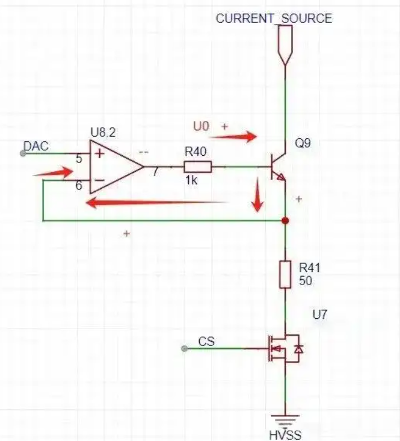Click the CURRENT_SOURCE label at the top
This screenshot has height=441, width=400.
(274, 19)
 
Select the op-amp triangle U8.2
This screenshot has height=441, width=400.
(117, 167)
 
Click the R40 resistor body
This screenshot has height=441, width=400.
(198, 167)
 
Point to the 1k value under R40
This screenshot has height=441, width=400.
(191, 180)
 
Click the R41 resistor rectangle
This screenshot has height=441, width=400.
(285, 274)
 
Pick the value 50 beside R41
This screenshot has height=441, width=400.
(306, 281)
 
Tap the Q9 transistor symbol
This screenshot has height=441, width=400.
(278, 167)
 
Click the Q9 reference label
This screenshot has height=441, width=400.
(303, 143)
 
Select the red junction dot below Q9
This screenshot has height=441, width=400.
(285, 220)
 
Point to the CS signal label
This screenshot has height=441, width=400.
(206, 342)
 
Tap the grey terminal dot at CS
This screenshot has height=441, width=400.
(185, 349)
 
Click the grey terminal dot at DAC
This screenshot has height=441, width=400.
(23, 153)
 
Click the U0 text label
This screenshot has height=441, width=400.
(201, 126)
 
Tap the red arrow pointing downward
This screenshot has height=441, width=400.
(257, 194)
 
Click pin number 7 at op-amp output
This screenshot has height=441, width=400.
(156, 171)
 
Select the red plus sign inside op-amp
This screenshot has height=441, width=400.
(99, 153)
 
